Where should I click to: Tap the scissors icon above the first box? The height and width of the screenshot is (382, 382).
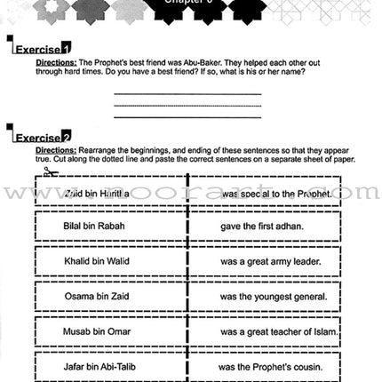tap(51, 172)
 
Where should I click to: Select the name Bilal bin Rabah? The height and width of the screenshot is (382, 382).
tap(94, 226)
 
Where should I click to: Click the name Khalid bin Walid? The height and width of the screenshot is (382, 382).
tap(97, 261)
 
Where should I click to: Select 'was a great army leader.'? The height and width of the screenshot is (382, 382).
tap(271, 261)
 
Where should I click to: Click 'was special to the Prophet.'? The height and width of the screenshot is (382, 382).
tap(276, 192)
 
